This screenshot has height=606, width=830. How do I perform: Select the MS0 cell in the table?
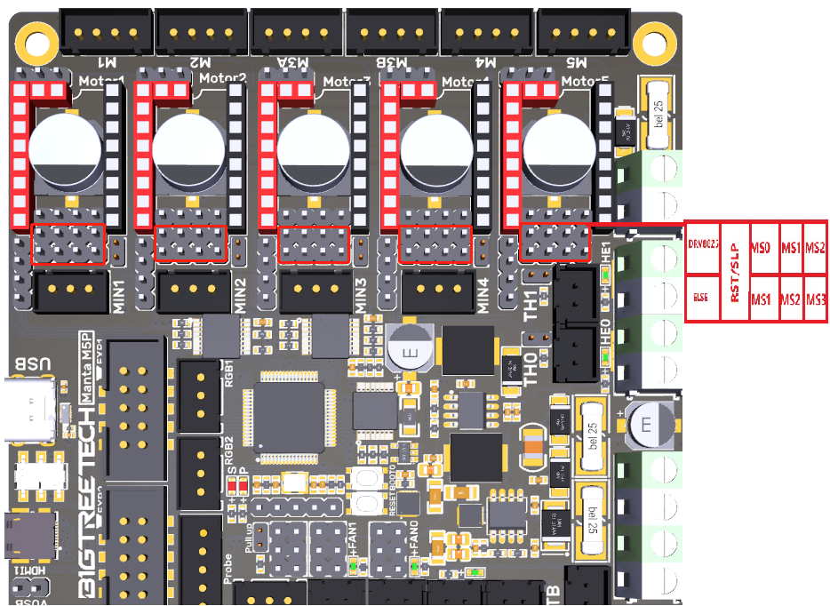click(x=760, y=247)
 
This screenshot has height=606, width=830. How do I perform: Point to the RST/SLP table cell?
click(x=734, y=273)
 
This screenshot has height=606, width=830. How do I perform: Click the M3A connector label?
click(x=299, y=63)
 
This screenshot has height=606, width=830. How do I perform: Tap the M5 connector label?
click(x=577, y=63)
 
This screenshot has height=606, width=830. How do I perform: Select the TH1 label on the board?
click(x=531, y=304)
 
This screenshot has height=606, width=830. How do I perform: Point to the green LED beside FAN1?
click(x=353, y=564)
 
